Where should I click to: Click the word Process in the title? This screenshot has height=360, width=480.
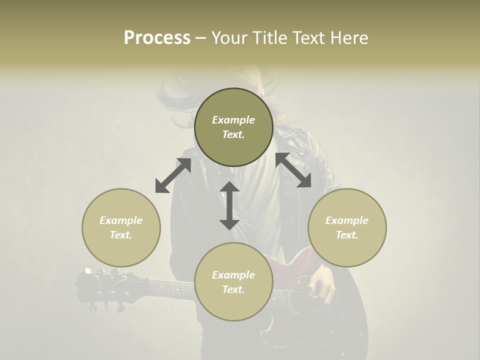157,38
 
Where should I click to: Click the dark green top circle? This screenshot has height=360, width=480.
233,127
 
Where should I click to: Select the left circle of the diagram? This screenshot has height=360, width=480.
121,227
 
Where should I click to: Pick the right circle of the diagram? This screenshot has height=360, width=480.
347,227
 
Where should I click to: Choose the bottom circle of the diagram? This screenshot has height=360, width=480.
233,281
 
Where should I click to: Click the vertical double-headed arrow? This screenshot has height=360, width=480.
229,205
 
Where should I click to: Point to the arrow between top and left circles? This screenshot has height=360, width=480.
173,175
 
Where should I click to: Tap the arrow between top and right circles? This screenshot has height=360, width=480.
293,170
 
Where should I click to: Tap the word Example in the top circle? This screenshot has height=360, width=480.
233,120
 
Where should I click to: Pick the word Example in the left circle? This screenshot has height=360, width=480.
121,220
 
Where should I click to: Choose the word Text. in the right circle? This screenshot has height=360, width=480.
347,235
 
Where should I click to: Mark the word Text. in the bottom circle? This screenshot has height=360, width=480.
233,289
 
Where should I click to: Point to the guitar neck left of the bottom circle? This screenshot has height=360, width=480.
170,287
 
